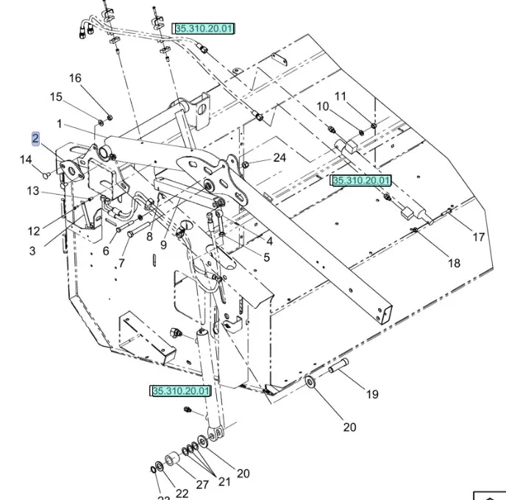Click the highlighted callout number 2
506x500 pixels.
click(x=35, y=138)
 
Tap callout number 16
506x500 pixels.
click(x=76, y=79)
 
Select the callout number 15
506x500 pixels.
click(x=57, y=97)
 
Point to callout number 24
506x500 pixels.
click(x=279, y=157)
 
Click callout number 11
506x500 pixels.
click(x=341, y=96)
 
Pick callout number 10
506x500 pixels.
click(x=323, y=107)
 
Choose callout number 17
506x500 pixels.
click(x=479, y=237)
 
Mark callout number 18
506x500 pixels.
click(x=455, y=263)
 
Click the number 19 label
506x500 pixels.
click(x=372, y=394)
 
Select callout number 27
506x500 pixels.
click(x=202, y=484)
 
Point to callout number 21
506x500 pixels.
click(x=224, y=482)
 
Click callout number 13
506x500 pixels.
click(x=33, y=191)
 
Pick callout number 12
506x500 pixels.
click(x=35, y=231)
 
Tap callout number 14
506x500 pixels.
click(x=26, y=160)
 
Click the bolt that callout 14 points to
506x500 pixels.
click(x=48, y=175)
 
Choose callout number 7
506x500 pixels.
click(x=121, y=262)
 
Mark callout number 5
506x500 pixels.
click(x=266, y=257)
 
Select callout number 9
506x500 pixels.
click(x=164, y=245)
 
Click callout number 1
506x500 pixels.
click(x=59, y=124)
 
